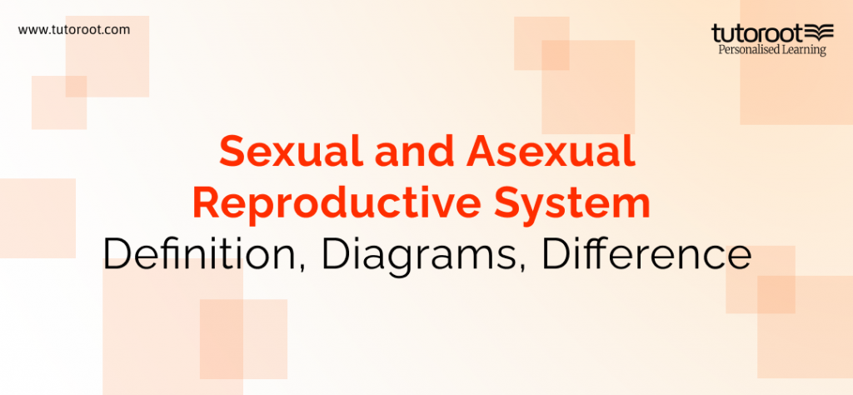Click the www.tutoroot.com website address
click(x=73, y=29)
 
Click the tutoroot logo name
click(x=756, y=33)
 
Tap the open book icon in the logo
click(x=820, y=33)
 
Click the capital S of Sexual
click(x=232, y=155)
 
